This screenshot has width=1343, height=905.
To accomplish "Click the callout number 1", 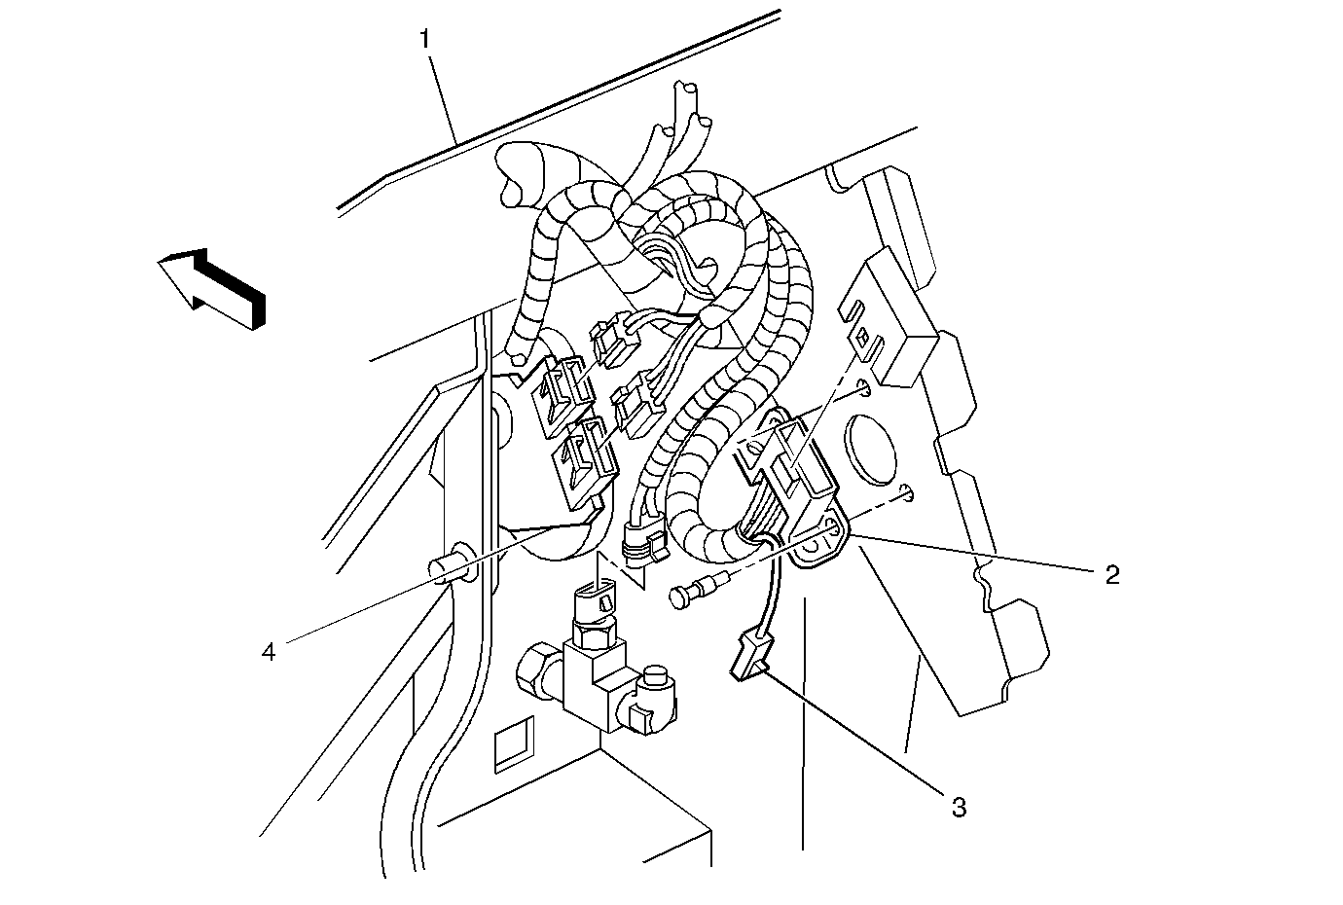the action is click(x=424, y=40).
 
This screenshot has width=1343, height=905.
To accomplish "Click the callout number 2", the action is click(x=1112, y=575).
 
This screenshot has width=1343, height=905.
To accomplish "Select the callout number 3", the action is click(x=959, y=808).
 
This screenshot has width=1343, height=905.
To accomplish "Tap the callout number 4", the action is click(x=268, y=651).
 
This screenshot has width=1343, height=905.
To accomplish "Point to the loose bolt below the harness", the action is click(x=699, y=590).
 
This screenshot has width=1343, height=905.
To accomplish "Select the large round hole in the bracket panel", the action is click(x=870, y=450).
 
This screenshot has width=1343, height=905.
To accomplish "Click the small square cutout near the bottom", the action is click(x=514, y=743).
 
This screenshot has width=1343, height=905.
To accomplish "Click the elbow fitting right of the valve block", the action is click(x=651, y=700).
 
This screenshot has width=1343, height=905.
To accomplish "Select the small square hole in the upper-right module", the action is click(x=862, y=338).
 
